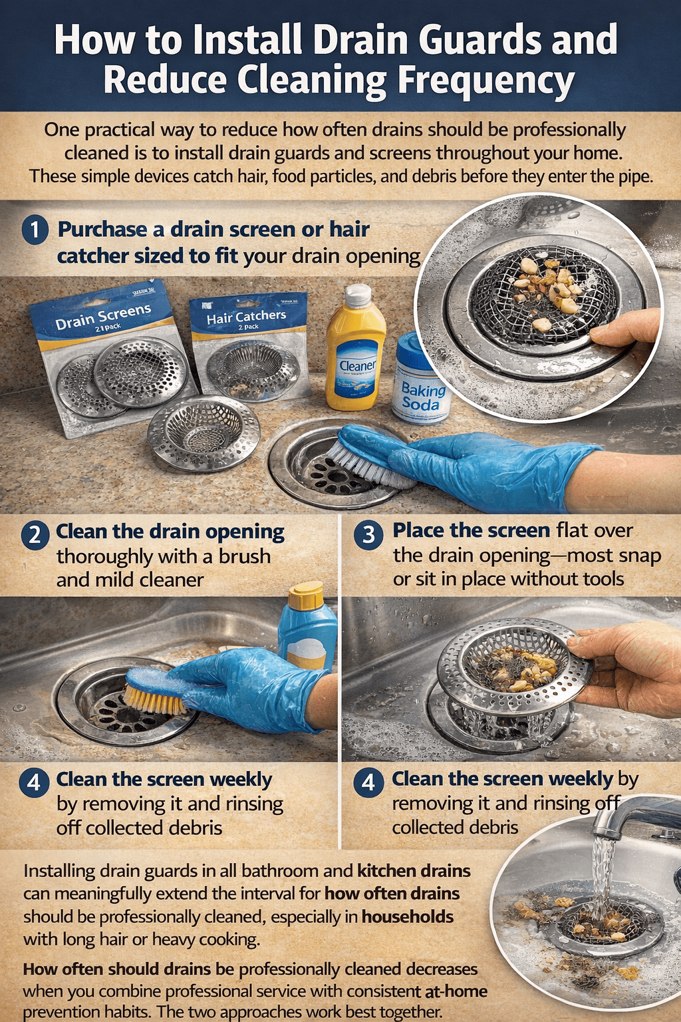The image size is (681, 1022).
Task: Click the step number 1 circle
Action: coord(35,230)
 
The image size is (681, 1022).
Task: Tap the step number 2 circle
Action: coord(35,534)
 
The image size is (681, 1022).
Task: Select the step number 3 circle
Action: coord(368,534)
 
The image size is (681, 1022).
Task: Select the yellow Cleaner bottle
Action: coord(356,359)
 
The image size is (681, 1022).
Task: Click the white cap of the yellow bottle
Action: coord(358,295)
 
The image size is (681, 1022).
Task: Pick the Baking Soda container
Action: coord(422,383)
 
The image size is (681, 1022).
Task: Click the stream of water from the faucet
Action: coord(602,872)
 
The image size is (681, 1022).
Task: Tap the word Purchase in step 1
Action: coord(102,230)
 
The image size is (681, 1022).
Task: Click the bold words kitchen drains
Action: coord(414,871)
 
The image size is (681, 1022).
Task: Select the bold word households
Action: coord(407,917)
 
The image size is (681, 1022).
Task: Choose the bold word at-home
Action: coord(456,991)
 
